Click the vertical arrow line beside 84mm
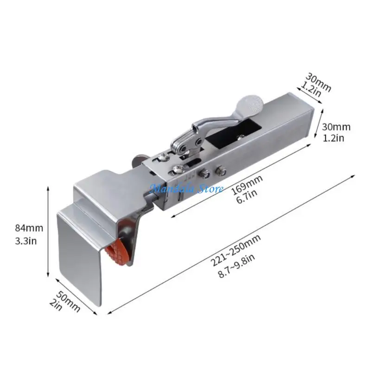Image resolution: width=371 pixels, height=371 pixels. (49, 232)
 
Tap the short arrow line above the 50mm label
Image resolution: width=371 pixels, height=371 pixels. (77, 289)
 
